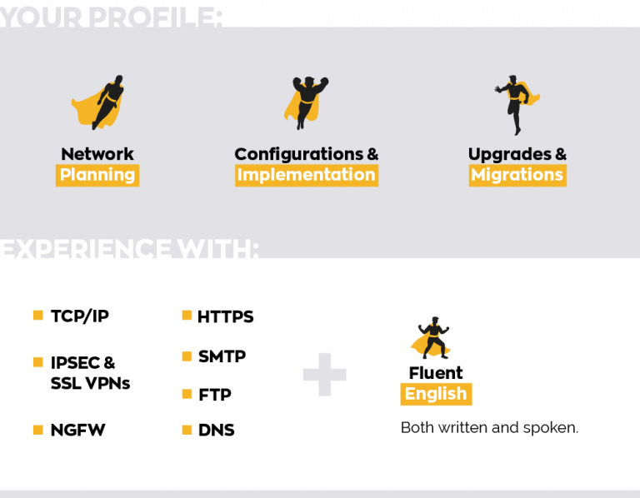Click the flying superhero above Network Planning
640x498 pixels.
100,102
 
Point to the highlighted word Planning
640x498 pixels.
97,175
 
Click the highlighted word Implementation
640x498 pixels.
306,175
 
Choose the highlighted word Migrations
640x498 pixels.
517,175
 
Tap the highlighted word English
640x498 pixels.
436,394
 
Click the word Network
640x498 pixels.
97,154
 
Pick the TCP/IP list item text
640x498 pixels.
80,316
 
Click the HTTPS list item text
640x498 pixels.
226,316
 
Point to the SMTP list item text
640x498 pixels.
222,356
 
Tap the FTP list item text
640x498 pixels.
214,395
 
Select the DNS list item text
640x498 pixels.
216,431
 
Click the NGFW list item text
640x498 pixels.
78,431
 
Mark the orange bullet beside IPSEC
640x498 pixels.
37,362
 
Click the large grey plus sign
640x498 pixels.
324,375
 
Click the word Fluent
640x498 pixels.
436,373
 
